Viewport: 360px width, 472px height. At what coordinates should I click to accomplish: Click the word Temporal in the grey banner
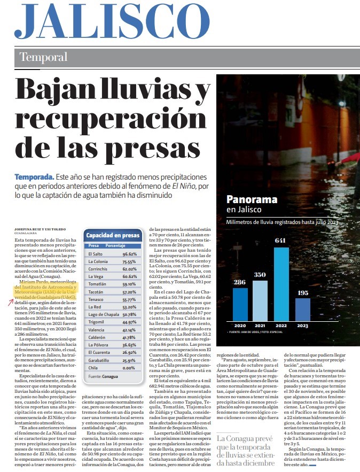tap(43, 57)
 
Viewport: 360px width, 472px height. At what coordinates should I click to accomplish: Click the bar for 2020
tap(240, 304)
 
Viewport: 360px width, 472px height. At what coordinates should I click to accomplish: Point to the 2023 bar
tap(302, 309)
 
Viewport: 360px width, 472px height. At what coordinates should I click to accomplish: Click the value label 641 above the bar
tap(280, 241)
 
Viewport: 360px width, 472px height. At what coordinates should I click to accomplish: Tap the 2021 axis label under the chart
tap(261, 326)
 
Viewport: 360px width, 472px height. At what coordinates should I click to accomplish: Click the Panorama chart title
tap(252, 200)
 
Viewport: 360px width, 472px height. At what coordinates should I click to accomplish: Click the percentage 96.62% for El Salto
tap(130, 254)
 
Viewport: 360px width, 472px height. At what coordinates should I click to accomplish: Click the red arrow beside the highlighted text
tap(11, 303)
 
